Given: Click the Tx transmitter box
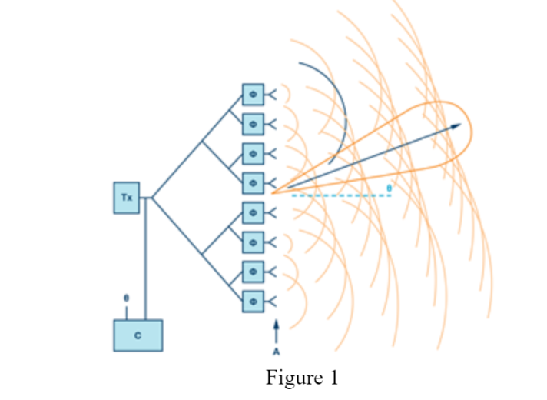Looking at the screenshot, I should click(126, 198).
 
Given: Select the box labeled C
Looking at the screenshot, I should click(138, 335).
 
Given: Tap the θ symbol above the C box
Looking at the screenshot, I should click(126, 298).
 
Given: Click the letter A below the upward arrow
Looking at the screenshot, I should click(276, 352).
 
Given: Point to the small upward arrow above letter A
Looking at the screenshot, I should click(276, 331).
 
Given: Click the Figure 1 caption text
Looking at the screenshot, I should click(302, 378).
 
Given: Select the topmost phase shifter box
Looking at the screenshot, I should click(253, 94).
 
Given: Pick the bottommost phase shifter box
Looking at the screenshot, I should click(253, 299).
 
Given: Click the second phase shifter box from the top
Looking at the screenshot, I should click(253, 123).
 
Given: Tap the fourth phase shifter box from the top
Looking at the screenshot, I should click(253, 182).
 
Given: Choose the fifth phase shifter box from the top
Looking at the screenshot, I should click(253, 212).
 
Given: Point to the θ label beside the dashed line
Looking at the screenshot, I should click(390, 188).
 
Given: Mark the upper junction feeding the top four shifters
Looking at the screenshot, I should click(202, 142).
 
